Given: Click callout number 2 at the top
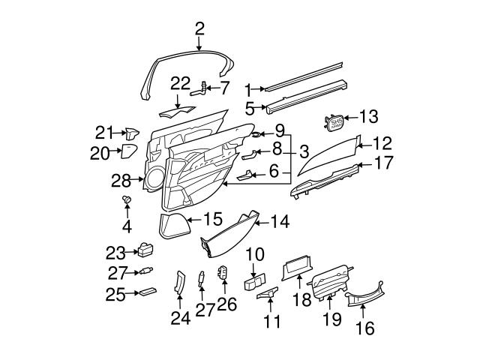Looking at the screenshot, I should (x=199, y=29).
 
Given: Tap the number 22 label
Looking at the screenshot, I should (x=181, y=83).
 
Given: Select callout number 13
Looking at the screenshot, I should (x=370, y=117).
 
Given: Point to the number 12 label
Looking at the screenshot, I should (x=382, y=142).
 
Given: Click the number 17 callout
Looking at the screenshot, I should (x=382, y=163).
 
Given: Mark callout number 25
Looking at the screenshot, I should (x=115, y=294).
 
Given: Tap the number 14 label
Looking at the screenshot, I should (x=279, y=221).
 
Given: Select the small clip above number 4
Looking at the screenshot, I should (x=127, y=199).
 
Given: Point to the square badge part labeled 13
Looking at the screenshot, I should (x=334, y=121).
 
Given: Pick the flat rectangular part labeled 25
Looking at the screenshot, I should (x=146, y=293).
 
